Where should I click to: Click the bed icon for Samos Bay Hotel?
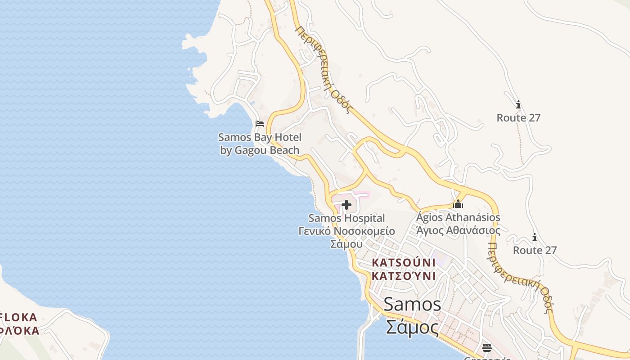(259, 124)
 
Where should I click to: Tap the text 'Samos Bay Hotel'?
(260, 137)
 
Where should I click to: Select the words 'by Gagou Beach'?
(260, 150)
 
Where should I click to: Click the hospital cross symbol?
(346, 205)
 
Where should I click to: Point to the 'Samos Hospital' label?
(346, 218)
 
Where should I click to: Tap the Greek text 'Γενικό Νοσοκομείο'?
(346, 231)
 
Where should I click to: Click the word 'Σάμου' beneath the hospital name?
(346, 244)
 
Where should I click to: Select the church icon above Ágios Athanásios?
(458, 204)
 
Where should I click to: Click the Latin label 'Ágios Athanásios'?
(458, 217)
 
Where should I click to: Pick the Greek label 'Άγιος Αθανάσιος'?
(458, 230)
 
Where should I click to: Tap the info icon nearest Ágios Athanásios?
(535, 237)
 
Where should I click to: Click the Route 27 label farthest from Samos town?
(518, 118)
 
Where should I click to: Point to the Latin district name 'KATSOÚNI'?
(404, 262)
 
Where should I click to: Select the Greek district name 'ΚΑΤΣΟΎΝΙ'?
(404, 275)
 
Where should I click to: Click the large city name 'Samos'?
(412, 305)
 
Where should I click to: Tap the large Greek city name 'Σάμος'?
(412, 327)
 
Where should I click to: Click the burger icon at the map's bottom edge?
(487, 347)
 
